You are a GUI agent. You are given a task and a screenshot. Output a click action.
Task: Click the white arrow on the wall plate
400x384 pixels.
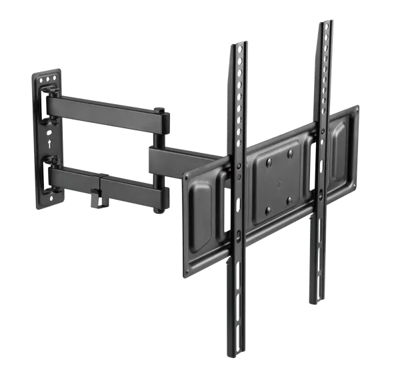click(48, 142)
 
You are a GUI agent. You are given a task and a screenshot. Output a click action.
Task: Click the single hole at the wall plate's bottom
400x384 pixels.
click(49, 198)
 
